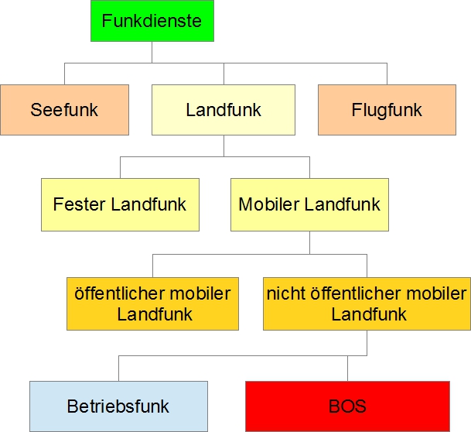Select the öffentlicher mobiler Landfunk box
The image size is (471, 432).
click(x=152, y=303)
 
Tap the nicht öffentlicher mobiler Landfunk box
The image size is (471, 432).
click(x=367, y=303)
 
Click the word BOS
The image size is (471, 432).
click(x=347, y=406)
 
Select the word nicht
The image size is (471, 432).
click(x=283, y=294)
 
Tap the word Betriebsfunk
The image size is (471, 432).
click(x=118, y=406)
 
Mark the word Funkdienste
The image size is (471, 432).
click(x=152, y=21)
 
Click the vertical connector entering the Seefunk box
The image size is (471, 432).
click(x=64, y=74)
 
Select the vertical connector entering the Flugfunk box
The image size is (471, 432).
click(x=387, y=74)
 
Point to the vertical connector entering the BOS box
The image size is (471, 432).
click(x=347, y=369)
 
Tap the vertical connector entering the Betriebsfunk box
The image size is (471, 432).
click(x=118, y=369)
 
